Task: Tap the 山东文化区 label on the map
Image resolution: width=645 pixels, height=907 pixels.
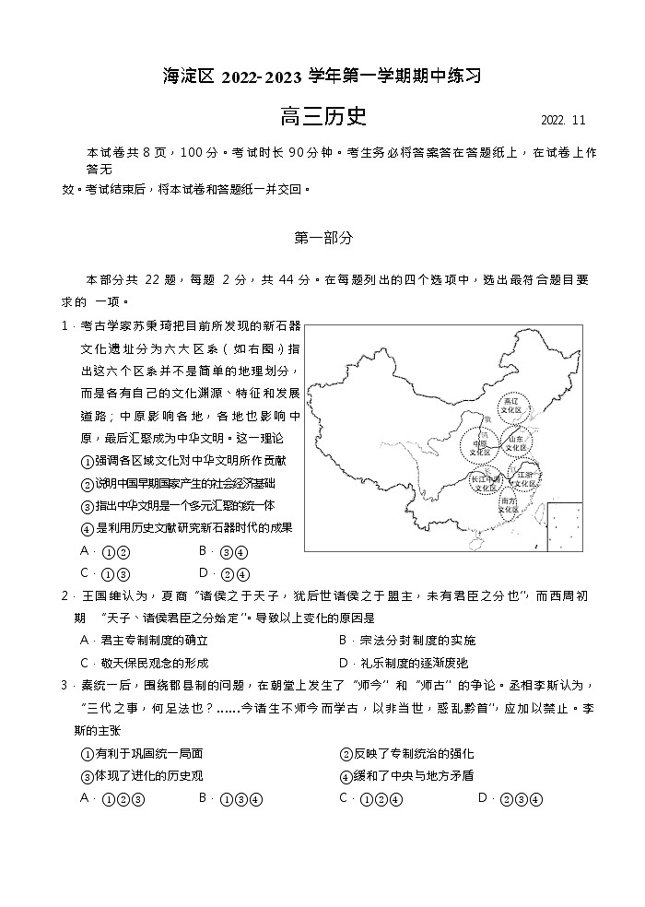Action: pos(518,444)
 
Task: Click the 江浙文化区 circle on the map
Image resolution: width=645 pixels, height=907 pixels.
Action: pos(525,479)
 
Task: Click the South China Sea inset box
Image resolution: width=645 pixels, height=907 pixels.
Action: pos(565,526)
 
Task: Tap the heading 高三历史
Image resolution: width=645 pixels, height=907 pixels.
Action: pos(322,118)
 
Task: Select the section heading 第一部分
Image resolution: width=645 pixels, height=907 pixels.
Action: pos(322,237)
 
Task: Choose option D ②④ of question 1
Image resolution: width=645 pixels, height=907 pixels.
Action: pos(223,572)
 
